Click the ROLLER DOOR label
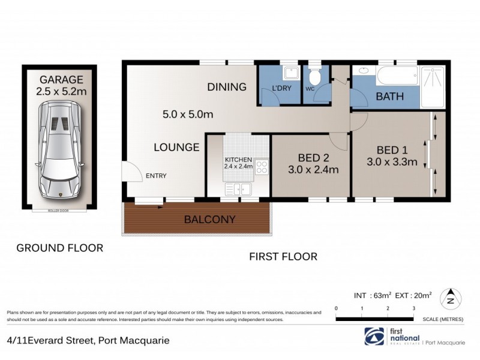59,211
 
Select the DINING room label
227,87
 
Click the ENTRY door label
155,176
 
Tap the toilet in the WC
315,77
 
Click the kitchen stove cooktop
262,167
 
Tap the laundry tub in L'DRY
291,73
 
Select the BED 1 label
391,150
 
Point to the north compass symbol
451,298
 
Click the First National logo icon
374,335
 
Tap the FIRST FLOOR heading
283,256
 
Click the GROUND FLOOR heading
59,247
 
